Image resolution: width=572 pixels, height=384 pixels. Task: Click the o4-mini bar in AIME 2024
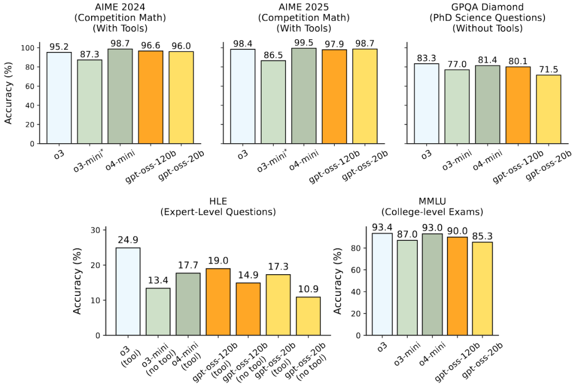click(x=120, y=96)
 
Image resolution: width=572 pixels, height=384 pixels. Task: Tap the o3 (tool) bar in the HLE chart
click(x=128, y=291)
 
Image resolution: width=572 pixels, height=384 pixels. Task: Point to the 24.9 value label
click(x=128, y=240)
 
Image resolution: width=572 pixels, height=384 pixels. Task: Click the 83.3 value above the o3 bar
click(x=426, y=58)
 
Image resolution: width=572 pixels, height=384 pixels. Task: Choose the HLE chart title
click(x=219, y=206)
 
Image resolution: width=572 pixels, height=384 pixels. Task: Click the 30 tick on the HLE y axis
click(x=95, y=230)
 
